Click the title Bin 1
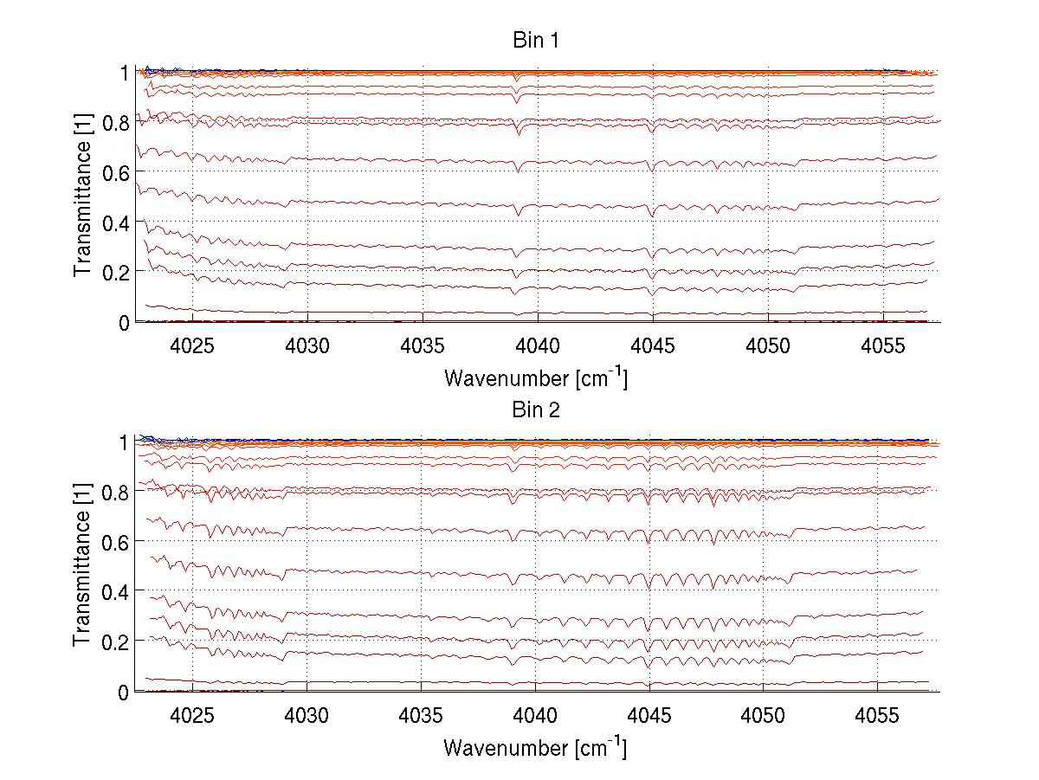pyautogui.click(x=535, y=40)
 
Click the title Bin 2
pyautogui.click(x=535, y=409)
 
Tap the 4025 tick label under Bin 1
pyautogui.click(x=192, y=346)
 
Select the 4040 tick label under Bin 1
pyautogui.click(x=537, y=346)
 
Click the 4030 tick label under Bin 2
pyautogui.click(x=307, y=716)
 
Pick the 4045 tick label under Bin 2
pyautogui.click(x=649, y=716)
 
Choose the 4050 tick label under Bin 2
pyautogui.click(x=764, y=716)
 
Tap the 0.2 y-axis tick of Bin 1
pyautogui.click(x=115, y=272)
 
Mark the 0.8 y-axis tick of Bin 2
pyautogui.click(x=115, y=492)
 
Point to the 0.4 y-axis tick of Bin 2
pyautogui.click(x=115, y=591)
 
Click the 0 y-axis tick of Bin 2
pyautogui.click(x=125, y=692)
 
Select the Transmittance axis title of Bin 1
pyautogui.click(x=83, y=197)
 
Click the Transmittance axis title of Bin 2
pyautogui.click(x=83, y=566)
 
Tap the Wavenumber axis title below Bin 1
pyautogui.click(x=535, y=377)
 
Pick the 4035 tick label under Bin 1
pyautogui.click(x=423, y=346)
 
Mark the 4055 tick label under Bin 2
pyautogui.click(x=878, y=716)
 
